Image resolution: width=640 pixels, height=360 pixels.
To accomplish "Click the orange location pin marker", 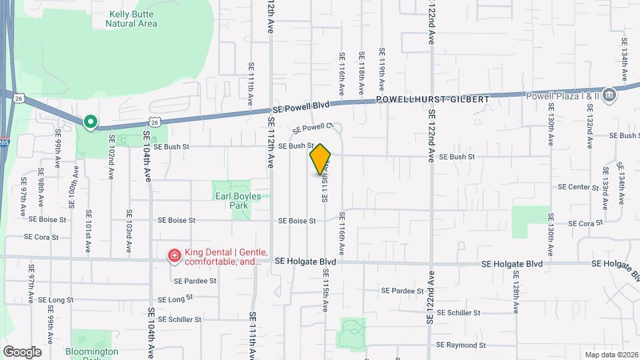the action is (321, 160).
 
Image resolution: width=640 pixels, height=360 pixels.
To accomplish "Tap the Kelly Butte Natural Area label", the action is (131, 18).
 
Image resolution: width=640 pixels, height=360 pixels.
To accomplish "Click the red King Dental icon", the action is (174, 255).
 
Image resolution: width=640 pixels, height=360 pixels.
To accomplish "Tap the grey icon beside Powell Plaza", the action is (609, 95).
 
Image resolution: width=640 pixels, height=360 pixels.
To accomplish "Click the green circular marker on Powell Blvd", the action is (90, 122).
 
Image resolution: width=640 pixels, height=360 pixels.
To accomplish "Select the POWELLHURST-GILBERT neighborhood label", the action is (433, 99).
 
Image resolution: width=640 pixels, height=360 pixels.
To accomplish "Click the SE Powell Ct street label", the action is (312, 127).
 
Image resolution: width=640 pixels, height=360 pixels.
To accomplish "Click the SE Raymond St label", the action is (461, 345).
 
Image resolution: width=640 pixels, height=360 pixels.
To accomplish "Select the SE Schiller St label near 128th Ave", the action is (459, 313).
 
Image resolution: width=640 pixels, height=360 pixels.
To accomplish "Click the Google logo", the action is (22, 351).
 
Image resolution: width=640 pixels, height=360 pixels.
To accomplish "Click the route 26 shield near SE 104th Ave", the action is (155, 122).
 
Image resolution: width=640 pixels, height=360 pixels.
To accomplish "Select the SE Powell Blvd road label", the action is (301, 107).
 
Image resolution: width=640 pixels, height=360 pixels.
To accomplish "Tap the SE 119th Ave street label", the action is (382, 69).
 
